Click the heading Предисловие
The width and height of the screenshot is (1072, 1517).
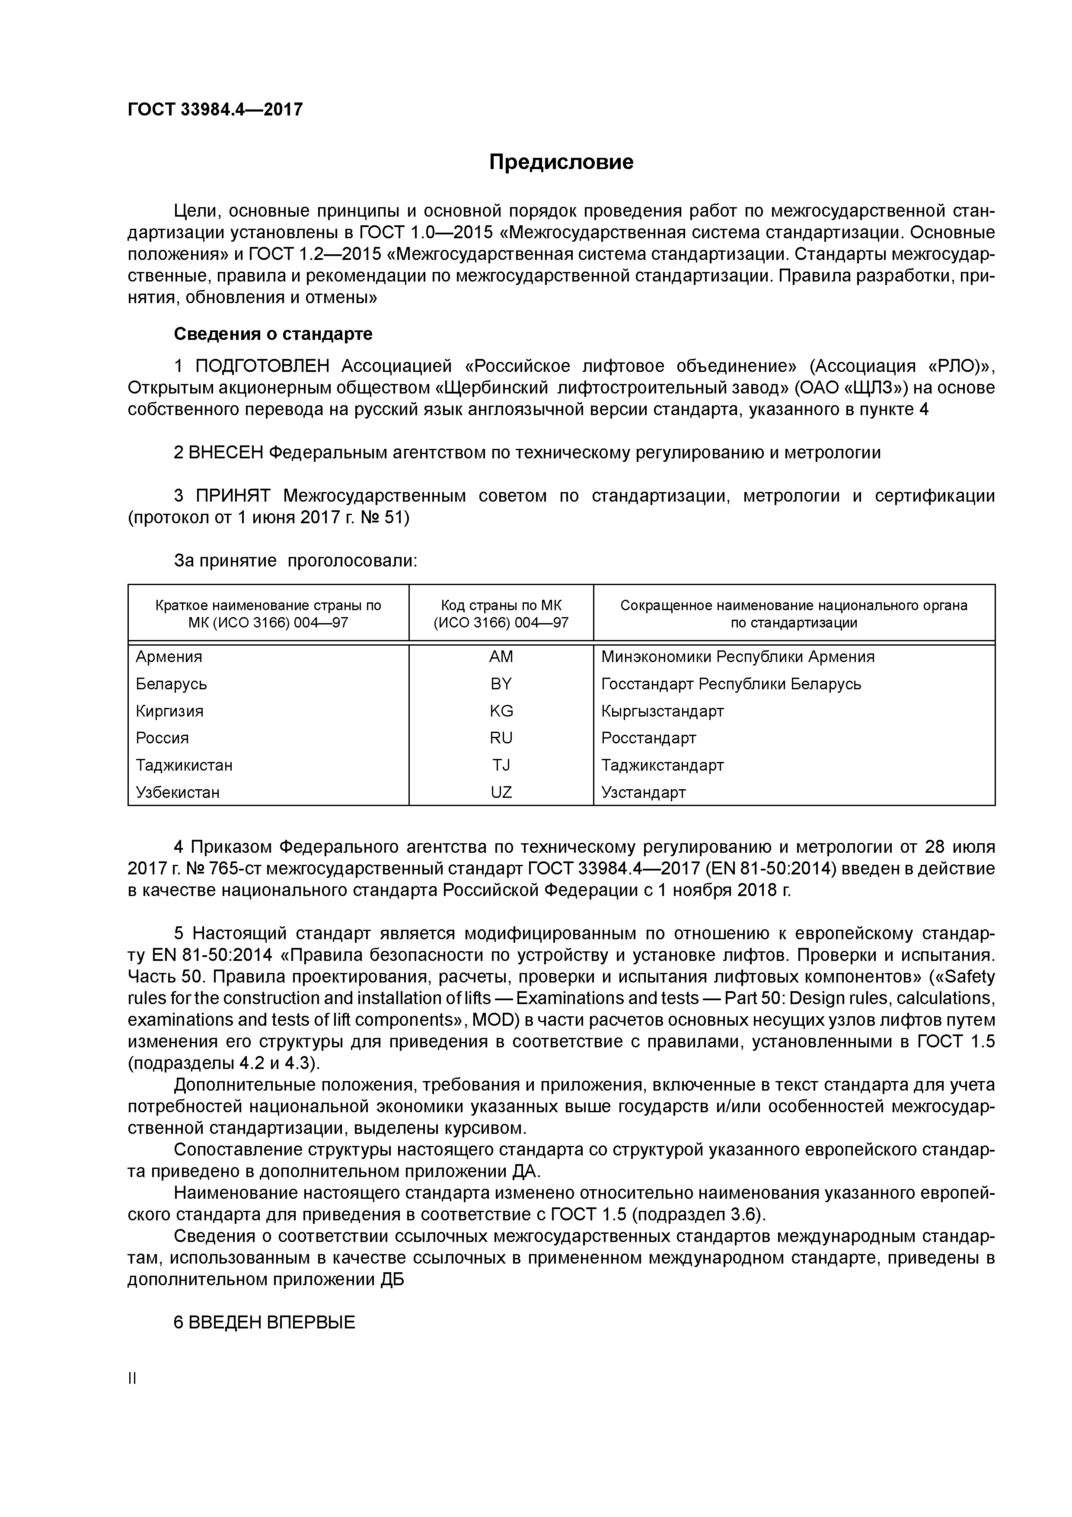click(561, 162)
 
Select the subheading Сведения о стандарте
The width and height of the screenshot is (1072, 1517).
click(273, 334)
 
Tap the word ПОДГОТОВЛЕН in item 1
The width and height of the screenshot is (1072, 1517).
click(262, 366)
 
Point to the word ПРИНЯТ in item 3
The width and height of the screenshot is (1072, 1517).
click(233, 496)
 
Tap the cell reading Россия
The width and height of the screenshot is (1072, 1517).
click(163, 738)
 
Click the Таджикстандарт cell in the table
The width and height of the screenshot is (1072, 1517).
click(663, 765)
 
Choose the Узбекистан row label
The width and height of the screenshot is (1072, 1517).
click(178, 792)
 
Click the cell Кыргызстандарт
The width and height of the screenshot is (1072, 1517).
click(663, 711)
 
